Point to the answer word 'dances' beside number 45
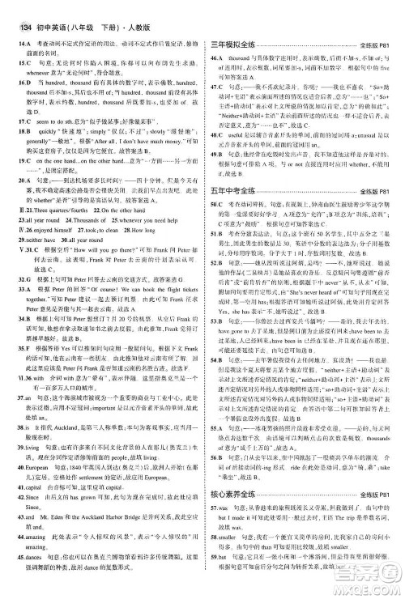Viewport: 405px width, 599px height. point(32,559)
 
